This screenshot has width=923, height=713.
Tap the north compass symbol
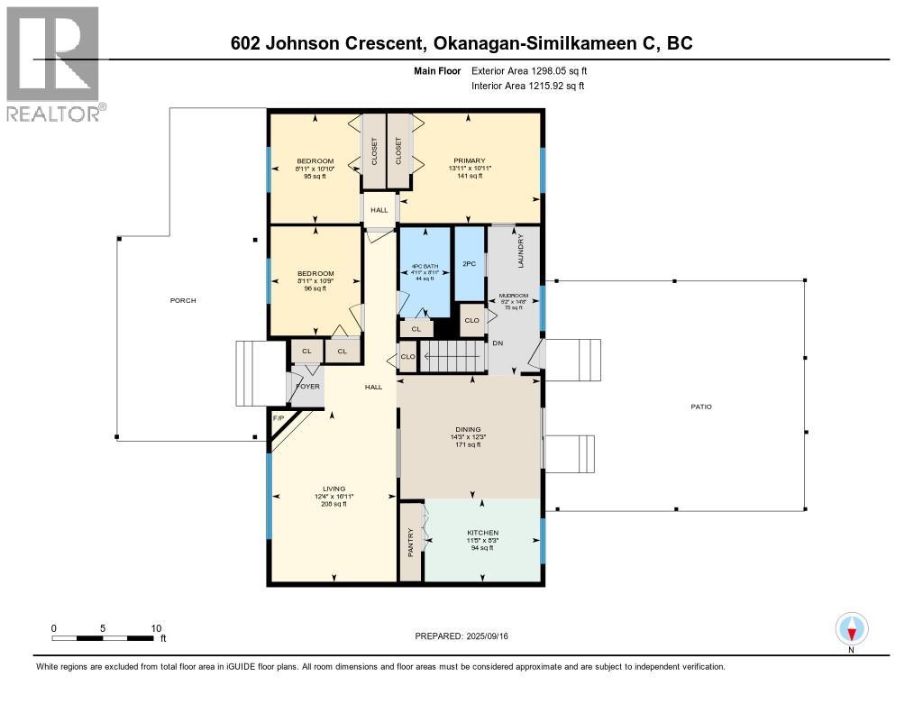pos(851,627)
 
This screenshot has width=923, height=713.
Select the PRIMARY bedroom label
pos(469,161)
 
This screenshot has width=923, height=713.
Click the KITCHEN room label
pos(482,533)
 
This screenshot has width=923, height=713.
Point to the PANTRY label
pos(411,542)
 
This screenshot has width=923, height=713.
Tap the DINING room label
pos(469,430)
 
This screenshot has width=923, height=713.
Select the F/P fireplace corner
pos(279,421)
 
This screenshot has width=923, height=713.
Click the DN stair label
pos(498,343)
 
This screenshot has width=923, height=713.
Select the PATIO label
pos(701,407)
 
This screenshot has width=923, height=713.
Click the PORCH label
pos(183,300)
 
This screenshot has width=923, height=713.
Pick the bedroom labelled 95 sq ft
pos(315,169)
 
